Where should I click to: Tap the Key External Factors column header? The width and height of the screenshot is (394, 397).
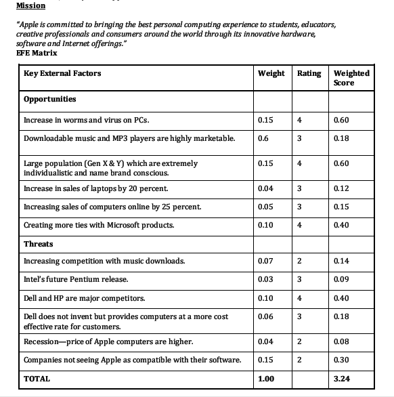(62, 73)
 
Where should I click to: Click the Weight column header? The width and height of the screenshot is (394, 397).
(271, 73)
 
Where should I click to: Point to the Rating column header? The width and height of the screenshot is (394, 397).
(309, 73)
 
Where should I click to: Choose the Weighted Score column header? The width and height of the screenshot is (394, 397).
(351, 77)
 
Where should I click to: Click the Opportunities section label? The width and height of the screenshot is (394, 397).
(49, 99)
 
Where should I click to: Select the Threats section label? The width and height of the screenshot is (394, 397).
(38, 244)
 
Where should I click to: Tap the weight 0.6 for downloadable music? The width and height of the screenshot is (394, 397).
(263, 138)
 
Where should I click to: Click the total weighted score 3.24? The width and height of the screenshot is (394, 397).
(342, 379)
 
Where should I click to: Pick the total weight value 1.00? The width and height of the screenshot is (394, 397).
(266, 379)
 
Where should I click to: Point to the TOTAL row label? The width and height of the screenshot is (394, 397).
(37, 379)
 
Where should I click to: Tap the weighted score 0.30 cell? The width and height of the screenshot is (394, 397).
(342, 360)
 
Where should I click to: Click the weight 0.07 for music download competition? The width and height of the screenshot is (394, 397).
(265, 261)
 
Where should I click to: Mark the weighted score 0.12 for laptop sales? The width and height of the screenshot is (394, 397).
(342, 188)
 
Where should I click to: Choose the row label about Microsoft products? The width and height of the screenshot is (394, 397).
(98, 225)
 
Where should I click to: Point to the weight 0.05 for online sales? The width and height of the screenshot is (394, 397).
(265, 207)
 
